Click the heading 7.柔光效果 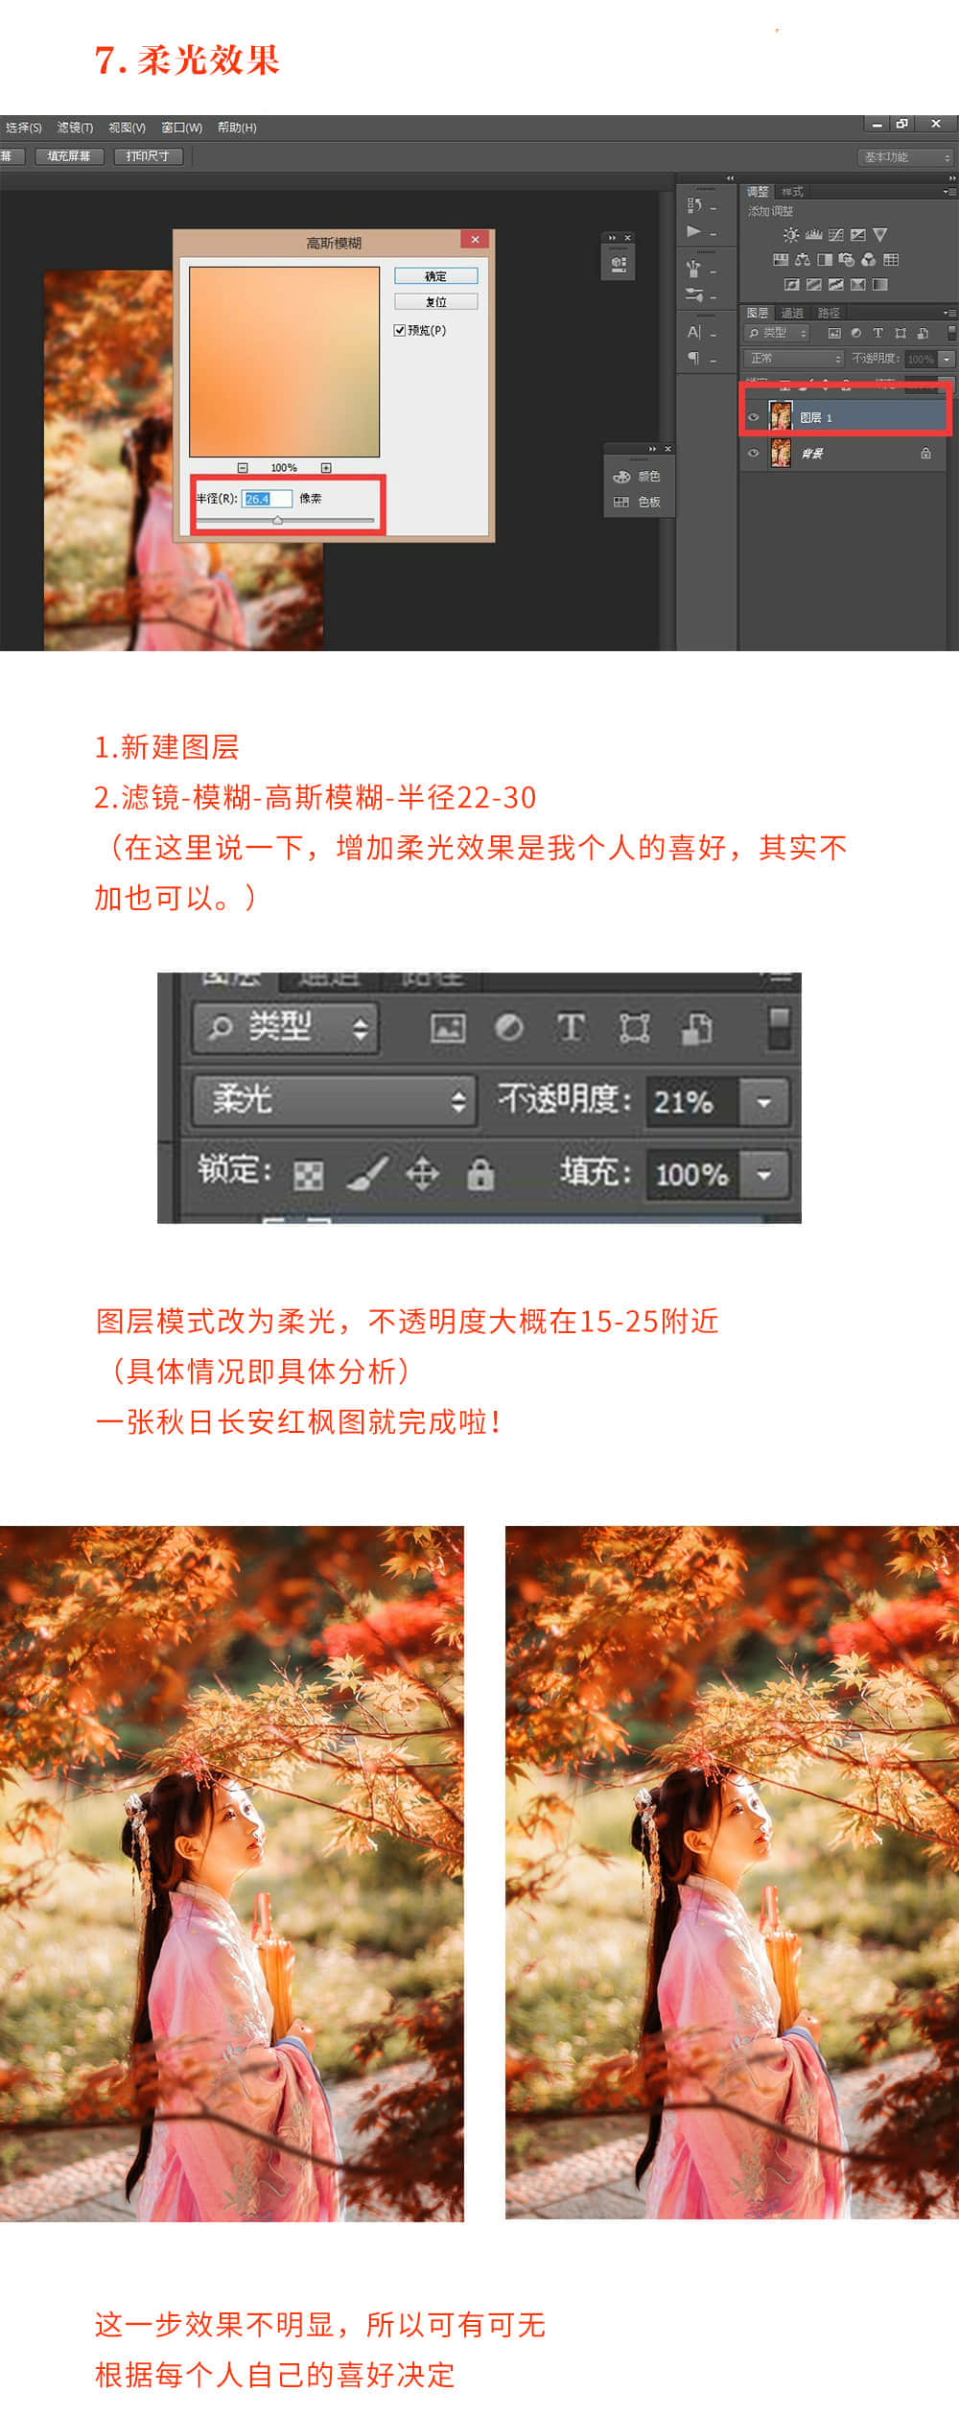tap(187, 60)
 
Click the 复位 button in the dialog tap(435, 301)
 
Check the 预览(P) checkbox tap(400, 330)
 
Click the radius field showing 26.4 tap(266, 499)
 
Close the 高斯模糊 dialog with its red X tap(475, 240)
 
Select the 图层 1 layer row tap(844, 417)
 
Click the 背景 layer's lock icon tap(925, 453)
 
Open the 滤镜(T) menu tap(75, 128)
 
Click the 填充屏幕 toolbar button tap(69, 155)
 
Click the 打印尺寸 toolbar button tap(148, 155)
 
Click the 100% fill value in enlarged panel tap(690, 1174)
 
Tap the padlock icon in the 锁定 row tap(479, 1173)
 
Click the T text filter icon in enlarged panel tap(571, 1027)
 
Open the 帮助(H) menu tap(237, 128)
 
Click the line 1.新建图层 tap(167, 746)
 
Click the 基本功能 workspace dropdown tap(905, 157)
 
